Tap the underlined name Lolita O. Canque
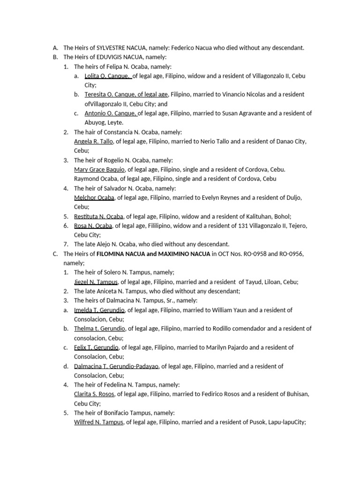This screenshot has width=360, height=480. coord(107,76)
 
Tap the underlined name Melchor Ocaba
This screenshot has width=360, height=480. coord(94,198)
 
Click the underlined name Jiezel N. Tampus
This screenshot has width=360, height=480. coord(96,282)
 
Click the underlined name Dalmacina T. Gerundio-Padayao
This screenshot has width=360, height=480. coord(117,367)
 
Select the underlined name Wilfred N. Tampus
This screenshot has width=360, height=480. coord(98,423)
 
